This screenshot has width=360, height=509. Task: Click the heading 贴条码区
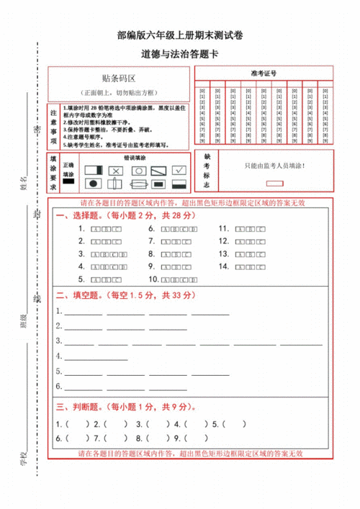(x=119, y=77)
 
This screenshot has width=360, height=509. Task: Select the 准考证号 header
(x=264, y=73)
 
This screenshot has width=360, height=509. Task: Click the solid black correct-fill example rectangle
(x=68, y=183)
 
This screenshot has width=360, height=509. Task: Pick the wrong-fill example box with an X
(x=116, y=170)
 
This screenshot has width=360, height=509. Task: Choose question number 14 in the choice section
(x=224, y=266)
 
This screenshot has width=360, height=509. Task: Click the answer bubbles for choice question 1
(x=106, y=229)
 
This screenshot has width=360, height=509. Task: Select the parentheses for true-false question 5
(x=217, y=423)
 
